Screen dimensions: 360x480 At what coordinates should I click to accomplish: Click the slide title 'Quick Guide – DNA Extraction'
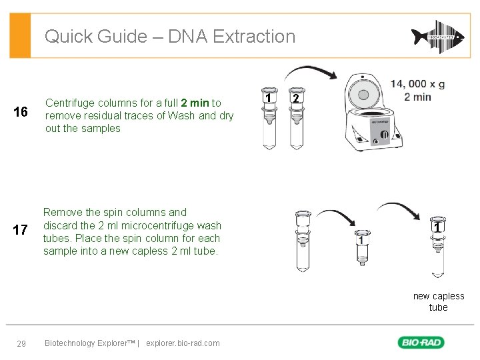coord(169,37)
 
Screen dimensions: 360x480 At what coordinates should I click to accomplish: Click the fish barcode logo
coord(437,37)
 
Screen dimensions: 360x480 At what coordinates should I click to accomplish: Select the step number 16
coord(21,112)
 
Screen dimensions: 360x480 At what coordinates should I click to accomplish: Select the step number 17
coord(21,231)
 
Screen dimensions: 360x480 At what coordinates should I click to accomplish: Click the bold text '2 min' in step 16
coord(195,103)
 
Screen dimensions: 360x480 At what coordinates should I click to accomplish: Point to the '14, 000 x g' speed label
coord(417,84)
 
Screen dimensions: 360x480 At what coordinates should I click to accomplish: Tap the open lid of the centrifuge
coord(364,92)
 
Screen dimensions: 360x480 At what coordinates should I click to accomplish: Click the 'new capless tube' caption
coord(438,302)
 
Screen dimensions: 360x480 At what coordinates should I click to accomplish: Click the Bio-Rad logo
coord(421,343)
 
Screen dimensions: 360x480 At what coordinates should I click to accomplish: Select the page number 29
coord(21,343)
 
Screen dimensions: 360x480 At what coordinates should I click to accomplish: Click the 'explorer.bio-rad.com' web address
coord(182,343)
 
